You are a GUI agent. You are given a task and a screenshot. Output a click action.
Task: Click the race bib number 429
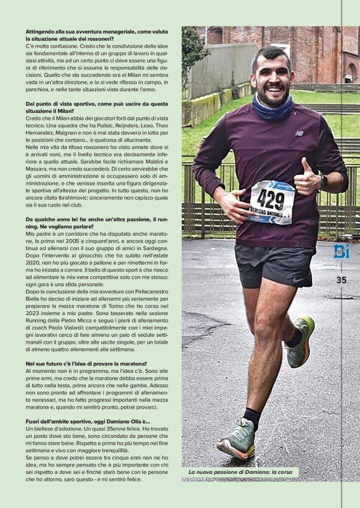pyautogui.click(x=271, y=200)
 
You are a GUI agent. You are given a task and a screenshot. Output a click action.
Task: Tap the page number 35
pyautogui.click(x=341, y=280)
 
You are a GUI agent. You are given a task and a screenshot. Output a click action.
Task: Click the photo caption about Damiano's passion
pyautogui.click(x=243, y=472)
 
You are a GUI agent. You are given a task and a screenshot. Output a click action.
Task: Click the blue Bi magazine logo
pyautogui.click(x=341, y=251)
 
